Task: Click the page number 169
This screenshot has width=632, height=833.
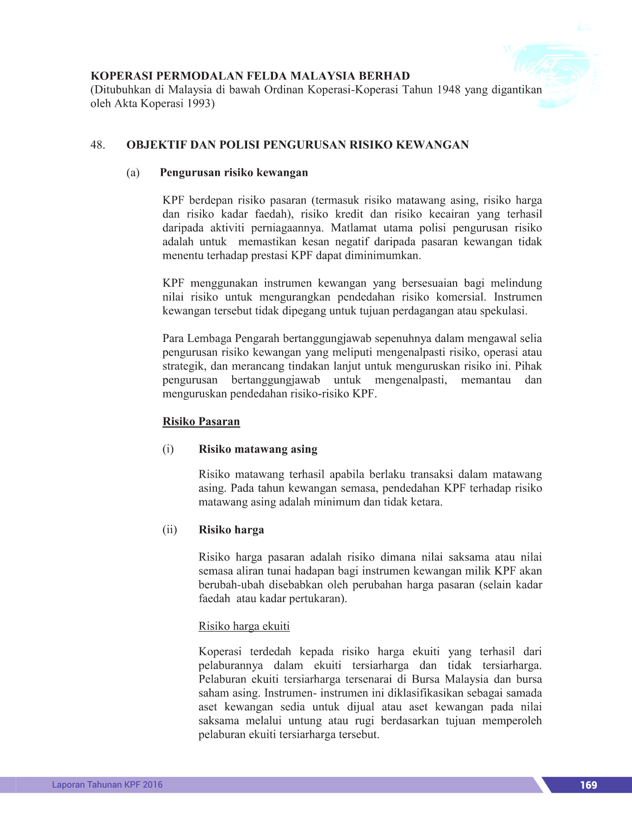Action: (588, 784)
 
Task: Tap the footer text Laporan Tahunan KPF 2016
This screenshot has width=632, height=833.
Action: (107, 784)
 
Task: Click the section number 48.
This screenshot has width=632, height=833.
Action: (98, 145)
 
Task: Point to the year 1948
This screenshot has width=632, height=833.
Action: (449, 89)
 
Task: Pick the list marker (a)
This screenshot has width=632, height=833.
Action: (133, 173)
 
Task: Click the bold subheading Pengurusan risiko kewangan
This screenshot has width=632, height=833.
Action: (234, 173)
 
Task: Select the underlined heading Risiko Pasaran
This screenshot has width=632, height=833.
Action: (201, 422)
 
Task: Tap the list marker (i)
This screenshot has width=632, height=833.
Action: (168, 449)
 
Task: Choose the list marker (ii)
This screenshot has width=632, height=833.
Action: (169, 529)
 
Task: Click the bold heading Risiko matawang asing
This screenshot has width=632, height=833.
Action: (258, 449)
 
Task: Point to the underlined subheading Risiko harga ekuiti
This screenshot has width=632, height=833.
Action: (244, 626)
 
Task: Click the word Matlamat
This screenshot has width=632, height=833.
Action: (353, 228)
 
